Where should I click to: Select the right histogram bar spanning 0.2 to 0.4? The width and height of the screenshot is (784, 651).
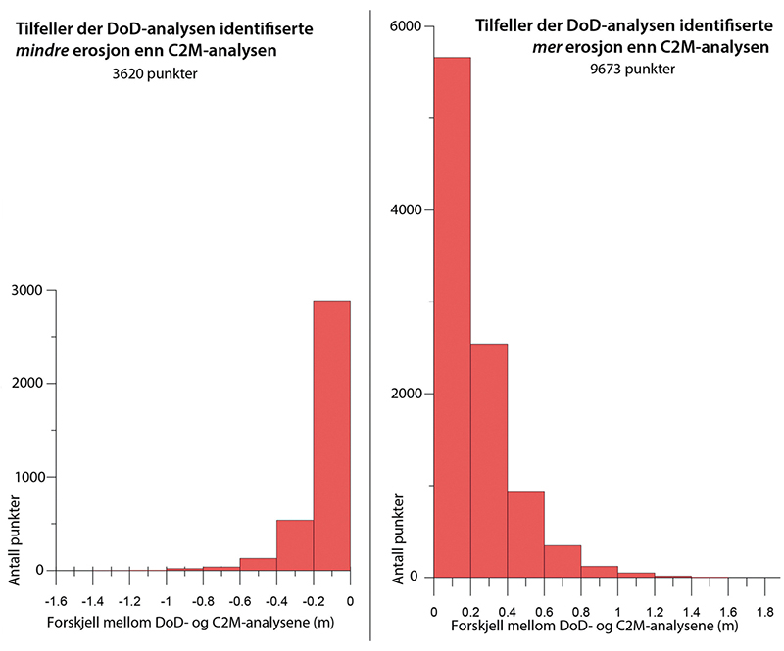[489, 460]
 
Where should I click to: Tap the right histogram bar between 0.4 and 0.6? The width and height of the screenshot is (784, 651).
[525, 535]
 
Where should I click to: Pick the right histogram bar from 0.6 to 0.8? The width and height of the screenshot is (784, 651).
[563, 561]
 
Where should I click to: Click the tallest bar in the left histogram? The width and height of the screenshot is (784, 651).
[331, 435]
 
